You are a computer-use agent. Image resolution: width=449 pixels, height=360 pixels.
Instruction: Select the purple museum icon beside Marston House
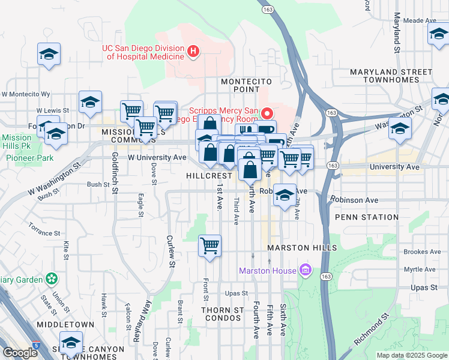pyautogui.click(x=306, y=271)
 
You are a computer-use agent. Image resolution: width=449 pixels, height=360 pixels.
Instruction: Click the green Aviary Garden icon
pyautogui.click(x=52, y=279)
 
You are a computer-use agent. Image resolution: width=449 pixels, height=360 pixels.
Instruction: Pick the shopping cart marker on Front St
pyautogui.click(x=209, y=245)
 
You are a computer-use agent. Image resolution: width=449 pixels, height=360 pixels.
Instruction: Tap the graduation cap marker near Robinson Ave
pyautogui.click(x=285, y=196)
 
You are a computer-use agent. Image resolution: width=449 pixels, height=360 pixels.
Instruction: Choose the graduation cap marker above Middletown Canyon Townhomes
pyautogui.click(x=71, y=343)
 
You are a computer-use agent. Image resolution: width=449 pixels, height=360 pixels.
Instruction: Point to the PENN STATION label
pyautogui.click(x=367, y=217)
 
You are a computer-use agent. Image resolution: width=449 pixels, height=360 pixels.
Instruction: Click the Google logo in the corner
pyautogui.click(x=20, y=353)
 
